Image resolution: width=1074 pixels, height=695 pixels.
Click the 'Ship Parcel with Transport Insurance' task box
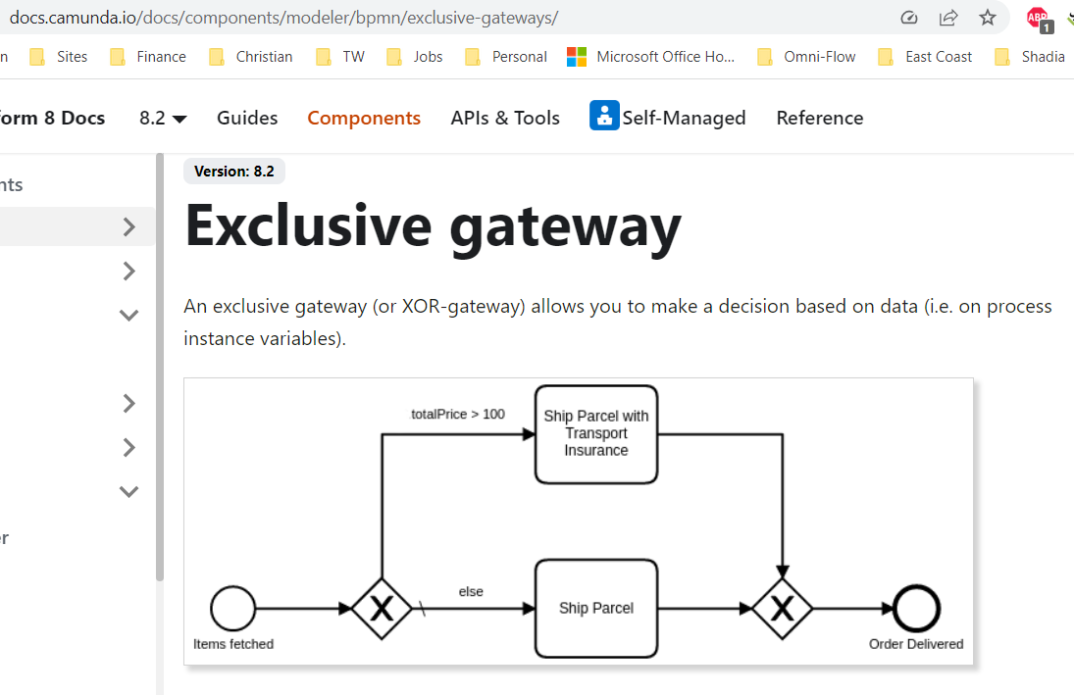coord(595,433)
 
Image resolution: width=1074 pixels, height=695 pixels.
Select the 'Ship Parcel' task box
coord(595,608)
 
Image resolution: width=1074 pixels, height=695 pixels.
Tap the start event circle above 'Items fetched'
coord(232,609)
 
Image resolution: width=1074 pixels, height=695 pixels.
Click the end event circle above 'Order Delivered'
coord(917,609)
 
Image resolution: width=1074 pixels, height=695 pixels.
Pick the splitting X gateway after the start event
coord(381,609)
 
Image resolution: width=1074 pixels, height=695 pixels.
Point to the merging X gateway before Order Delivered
coord(782,609)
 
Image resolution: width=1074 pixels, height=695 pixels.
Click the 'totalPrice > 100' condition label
coord(457,414)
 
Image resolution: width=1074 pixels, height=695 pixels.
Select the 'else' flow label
coord(471,591)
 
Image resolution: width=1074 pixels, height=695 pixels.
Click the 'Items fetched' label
coord(233,644)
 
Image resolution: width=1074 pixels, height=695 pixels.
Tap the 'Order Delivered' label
coord(916,644)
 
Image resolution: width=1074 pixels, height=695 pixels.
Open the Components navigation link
coord(364,118)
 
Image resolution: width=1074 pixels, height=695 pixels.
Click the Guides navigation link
coord(247,118)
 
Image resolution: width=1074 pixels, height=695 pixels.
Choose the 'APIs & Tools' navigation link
coord(505,118)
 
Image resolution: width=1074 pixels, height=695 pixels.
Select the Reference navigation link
coord(819,118)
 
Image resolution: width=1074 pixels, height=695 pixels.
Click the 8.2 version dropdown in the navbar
coord(163,118)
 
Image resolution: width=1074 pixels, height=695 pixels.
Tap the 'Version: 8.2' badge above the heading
coord(233,171)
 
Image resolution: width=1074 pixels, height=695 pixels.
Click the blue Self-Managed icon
coord(604,116)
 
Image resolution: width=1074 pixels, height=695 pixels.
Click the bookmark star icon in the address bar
coord(988,18)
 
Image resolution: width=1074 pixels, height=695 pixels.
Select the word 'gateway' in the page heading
coord(565,225)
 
